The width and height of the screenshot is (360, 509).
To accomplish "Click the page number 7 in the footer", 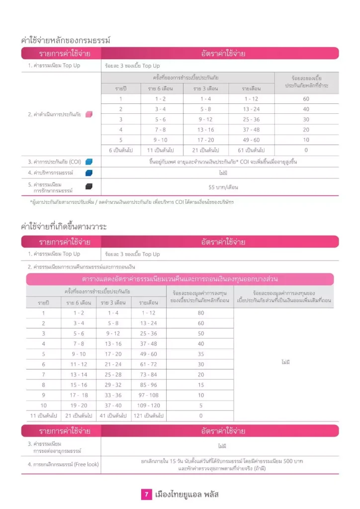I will coord(147,495).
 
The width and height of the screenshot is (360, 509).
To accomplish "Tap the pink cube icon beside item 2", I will coord(89,114).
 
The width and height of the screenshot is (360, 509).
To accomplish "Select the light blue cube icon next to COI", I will coord(89,162).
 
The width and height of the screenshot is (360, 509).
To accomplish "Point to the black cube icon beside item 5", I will coord(89,186).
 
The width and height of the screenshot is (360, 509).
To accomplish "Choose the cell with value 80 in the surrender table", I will coord(201,313).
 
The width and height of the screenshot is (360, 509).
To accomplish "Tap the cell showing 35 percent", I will coord(201,354).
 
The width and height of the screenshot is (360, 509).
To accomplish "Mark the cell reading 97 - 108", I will coord(149,395).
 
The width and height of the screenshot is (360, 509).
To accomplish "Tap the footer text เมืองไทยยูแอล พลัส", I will coord(187,495).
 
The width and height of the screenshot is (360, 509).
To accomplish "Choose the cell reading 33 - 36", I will coord(113,395).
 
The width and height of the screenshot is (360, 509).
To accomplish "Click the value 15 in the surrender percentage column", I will coord(201,385).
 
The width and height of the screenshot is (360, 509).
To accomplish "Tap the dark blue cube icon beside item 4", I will coord(89,173).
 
